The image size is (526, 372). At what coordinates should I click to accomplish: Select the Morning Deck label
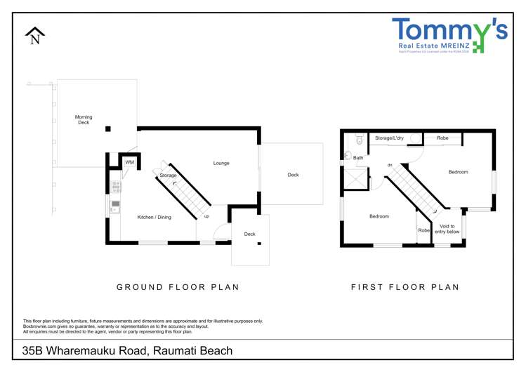[84, 120]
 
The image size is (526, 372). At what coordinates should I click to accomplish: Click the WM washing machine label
[129, 163]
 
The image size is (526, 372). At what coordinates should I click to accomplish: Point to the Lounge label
[221, 164]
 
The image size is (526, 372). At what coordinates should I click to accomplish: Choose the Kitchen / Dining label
[154, 217]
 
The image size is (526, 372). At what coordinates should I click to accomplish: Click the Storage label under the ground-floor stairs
[168, 175]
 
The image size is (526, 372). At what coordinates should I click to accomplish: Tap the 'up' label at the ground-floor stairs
[206, 216]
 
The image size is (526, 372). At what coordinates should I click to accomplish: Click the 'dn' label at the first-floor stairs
[388, 165]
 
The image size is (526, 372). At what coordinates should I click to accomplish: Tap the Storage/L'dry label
[389, 138]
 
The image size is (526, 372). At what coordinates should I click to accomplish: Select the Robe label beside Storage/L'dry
[442, 138]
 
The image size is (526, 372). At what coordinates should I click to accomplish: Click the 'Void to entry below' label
[447, 228]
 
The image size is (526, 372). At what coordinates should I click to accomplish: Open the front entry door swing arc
[219, 232]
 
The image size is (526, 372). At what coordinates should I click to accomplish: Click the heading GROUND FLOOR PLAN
[178, 287]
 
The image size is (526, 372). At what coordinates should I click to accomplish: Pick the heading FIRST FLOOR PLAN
[405, 287]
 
